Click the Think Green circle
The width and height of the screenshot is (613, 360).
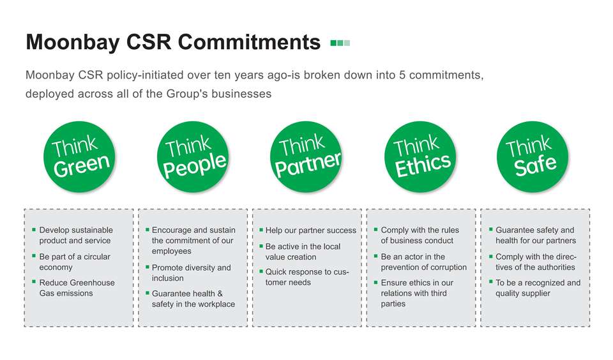coord(79,157)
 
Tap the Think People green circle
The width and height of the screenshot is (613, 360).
coord(193,157)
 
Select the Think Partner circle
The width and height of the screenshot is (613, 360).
coord(306,157)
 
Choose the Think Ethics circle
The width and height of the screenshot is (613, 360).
coord(420,157)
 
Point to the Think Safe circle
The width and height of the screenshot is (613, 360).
coord(533,157)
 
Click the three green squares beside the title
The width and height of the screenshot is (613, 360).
coord(340,43)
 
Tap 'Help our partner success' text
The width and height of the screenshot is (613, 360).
coord(311,230)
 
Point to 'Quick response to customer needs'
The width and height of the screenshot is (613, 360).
coord(307,277)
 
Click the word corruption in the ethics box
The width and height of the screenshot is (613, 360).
coord(445,267)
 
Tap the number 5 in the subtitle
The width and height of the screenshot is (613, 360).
coord(402,75)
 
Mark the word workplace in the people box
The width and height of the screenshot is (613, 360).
coord(216,304)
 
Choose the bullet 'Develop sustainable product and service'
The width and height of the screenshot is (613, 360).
coord(76,236)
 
